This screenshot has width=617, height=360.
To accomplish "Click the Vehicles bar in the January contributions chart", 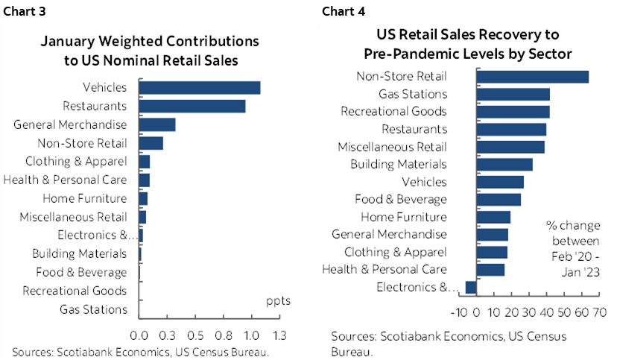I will coord(200,88).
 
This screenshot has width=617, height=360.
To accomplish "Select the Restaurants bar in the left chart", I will coord(192,107).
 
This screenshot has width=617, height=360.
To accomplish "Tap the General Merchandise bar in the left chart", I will coord(157,124).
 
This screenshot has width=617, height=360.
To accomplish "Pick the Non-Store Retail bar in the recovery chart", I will coord(532,76).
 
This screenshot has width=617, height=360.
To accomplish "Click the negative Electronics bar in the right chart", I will coord(471,288).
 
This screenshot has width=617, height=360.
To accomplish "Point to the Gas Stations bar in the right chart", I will coord(513,94).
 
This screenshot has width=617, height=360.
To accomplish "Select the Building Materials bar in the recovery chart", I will coord(504,165).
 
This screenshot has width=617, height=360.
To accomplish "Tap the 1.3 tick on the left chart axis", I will coord(281,335).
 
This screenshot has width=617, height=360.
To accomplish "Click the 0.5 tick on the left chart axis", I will coord(196,335).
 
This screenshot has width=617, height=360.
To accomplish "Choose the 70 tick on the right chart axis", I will coord(598,311).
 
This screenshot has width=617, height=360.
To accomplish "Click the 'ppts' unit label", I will coord(278,302).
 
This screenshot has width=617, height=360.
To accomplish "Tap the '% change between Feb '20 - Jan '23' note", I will coord(572,248).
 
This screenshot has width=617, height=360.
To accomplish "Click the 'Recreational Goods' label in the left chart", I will coord(75,291).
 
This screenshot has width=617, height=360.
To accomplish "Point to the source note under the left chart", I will coord(140,352).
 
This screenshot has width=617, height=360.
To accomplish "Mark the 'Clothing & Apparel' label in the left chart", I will coord(77,162).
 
